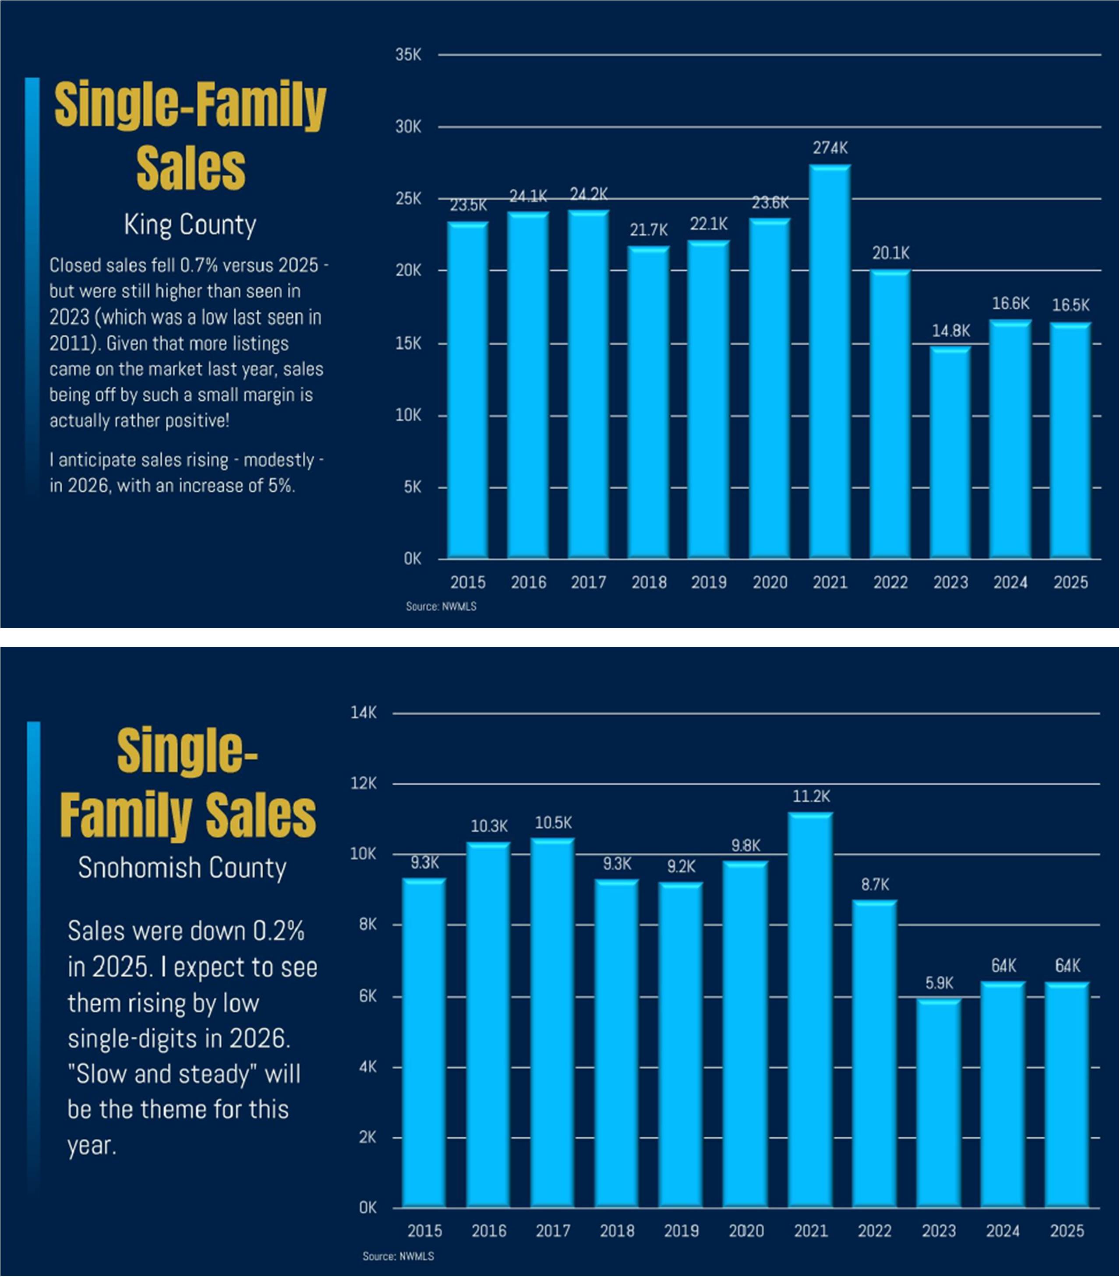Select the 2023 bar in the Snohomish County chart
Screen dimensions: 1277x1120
coord(939,1103)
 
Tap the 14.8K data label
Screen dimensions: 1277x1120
coord(950,331)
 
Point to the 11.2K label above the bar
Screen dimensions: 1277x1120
coord(811,797)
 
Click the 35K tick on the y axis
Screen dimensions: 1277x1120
coord(408,55)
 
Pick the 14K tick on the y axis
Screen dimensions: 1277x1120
coord(364,713)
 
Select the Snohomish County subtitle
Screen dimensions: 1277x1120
coord(182,868)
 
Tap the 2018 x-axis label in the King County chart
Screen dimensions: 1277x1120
coord(649,582)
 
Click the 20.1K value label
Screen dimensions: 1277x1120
coord(890,253)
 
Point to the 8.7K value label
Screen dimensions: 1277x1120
coord(874,885)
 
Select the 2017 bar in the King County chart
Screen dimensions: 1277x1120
coord(588,384)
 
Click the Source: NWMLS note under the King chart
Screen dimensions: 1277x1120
coord(441,606)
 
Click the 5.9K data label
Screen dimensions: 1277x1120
coord(939,983)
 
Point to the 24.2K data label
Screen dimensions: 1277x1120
coord(588,194)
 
